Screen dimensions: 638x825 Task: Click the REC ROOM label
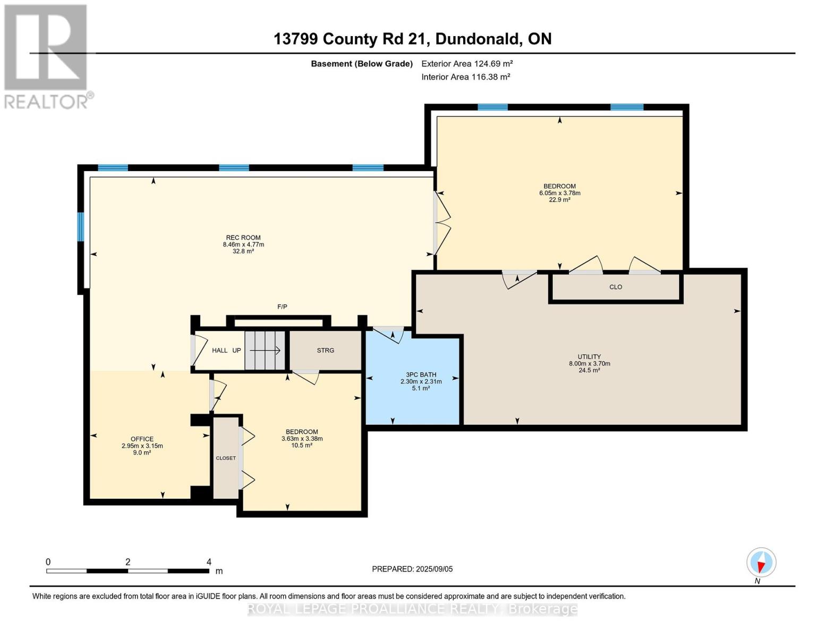[243, 238]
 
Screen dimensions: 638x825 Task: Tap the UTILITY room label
[589, 357]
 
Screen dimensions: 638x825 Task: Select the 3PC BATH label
[421, 375]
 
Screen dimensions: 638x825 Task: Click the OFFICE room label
[142, 439]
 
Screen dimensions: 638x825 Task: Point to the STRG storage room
[325, 350]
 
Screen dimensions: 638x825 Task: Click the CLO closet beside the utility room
[615, 287]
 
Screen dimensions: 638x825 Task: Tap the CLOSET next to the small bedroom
[226, 458]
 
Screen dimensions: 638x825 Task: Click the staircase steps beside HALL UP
[265, 350]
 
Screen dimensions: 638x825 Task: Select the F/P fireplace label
[282, 307]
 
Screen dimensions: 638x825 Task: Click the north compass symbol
[761, 563]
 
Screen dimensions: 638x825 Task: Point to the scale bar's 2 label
[127, 562]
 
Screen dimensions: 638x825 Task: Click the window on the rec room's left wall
[81, 227]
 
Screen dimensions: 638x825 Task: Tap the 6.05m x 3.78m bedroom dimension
[559, 193]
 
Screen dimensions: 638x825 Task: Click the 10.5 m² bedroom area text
[302, 446]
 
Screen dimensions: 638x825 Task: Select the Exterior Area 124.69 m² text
[466, 64]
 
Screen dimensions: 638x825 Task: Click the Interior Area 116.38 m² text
[465, 77]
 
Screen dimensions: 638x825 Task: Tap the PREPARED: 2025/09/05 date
[412, 569]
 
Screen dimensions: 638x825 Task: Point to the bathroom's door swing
[389, 335]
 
